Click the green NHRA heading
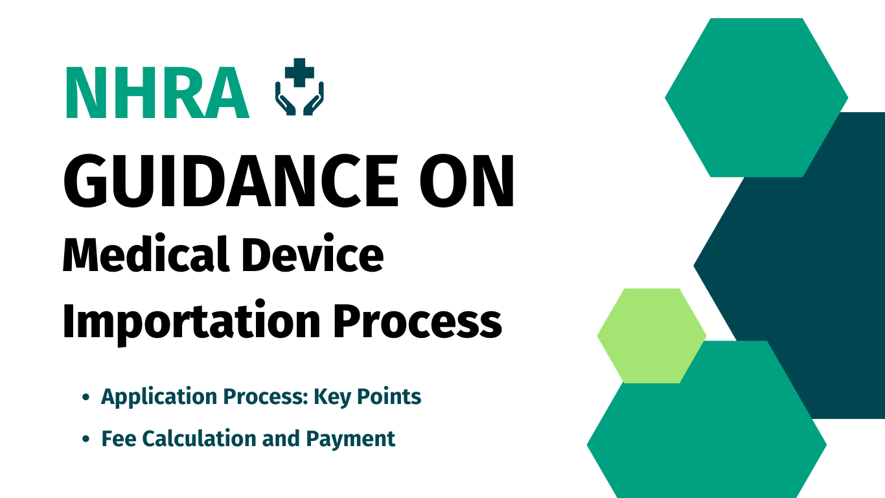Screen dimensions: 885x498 click(157, 93)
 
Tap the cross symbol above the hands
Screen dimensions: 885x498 click(299, 73)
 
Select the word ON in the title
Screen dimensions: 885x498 click(466, 181)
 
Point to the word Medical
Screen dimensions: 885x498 click(146, 254)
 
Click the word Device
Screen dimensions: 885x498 click(312, 254)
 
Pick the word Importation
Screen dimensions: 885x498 click(192, 320)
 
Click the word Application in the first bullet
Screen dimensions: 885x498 click(159, 397)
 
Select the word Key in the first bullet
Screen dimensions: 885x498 click(332, 397)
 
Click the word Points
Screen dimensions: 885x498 click(389, 396)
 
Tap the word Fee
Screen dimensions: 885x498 click(119, 438)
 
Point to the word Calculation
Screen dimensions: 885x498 click(200, 438)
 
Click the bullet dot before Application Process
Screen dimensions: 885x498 click(86, 397)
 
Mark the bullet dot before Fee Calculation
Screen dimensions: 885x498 click(86, 439)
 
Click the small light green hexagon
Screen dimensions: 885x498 click(652, 336)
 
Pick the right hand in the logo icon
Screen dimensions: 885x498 click(314, 99)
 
